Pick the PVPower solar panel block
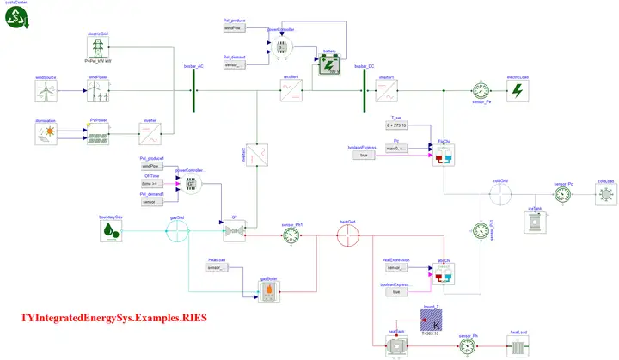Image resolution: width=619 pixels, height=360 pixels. click(98, 133)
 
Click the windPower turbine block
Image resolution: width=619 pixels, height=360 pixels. click(98, 89)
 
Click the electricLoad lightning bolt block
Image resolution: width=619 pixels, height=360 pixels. click(518, 89)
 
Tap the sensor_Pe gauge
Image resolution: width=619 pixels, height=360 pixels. click(481, 89)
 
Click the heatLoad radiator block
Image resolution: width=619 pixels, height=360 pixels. click(518, 345)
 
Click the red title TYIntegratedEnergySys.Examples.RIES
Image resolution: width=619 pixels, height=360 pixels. click(113, 319)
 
